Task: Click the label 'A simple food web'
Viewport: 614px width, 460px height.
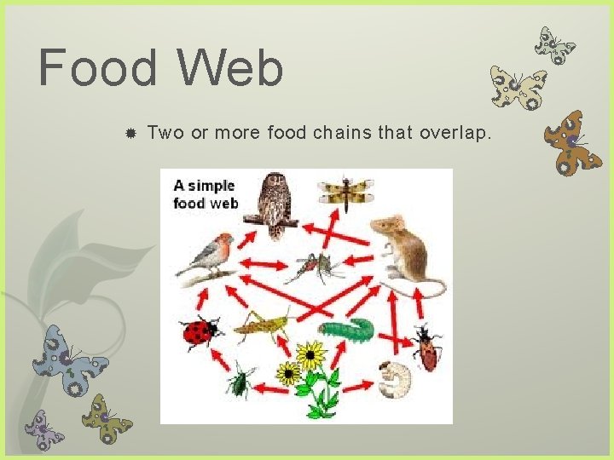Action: tap(205, 193)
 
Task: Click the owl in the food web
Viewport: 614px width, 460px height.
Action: tap(274, 202)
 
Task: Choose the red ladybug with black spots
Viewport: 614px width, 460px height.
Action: tap(200, 332)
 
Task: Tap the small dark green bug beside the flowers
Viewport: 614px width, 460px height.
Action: tap(240, 381)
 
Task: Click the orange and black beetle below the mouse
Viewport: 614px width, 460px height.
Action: tap(424, 347)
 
